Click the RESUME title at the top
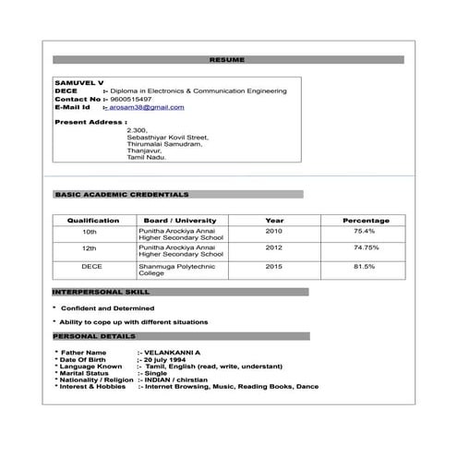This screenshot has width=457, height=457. tap(227, 60)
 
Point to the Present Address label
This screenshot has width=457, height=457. tap(90, 122)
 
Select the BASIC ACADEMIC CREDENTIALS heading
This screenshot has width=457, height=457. tap(122, 195)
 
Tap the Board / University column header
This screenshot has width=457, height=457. tap(180, 221)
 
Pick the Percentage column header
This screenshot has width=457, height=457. tap(366, 221)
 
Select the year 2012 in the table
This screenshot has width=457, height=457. tap(274, 248)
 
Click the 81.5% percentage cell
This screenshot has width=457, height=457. tap(365, 266)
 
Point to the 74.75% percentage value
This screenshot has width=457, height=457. tap(366, 248)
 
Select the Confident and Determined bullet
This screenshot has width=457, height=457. tap(108, 307)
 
